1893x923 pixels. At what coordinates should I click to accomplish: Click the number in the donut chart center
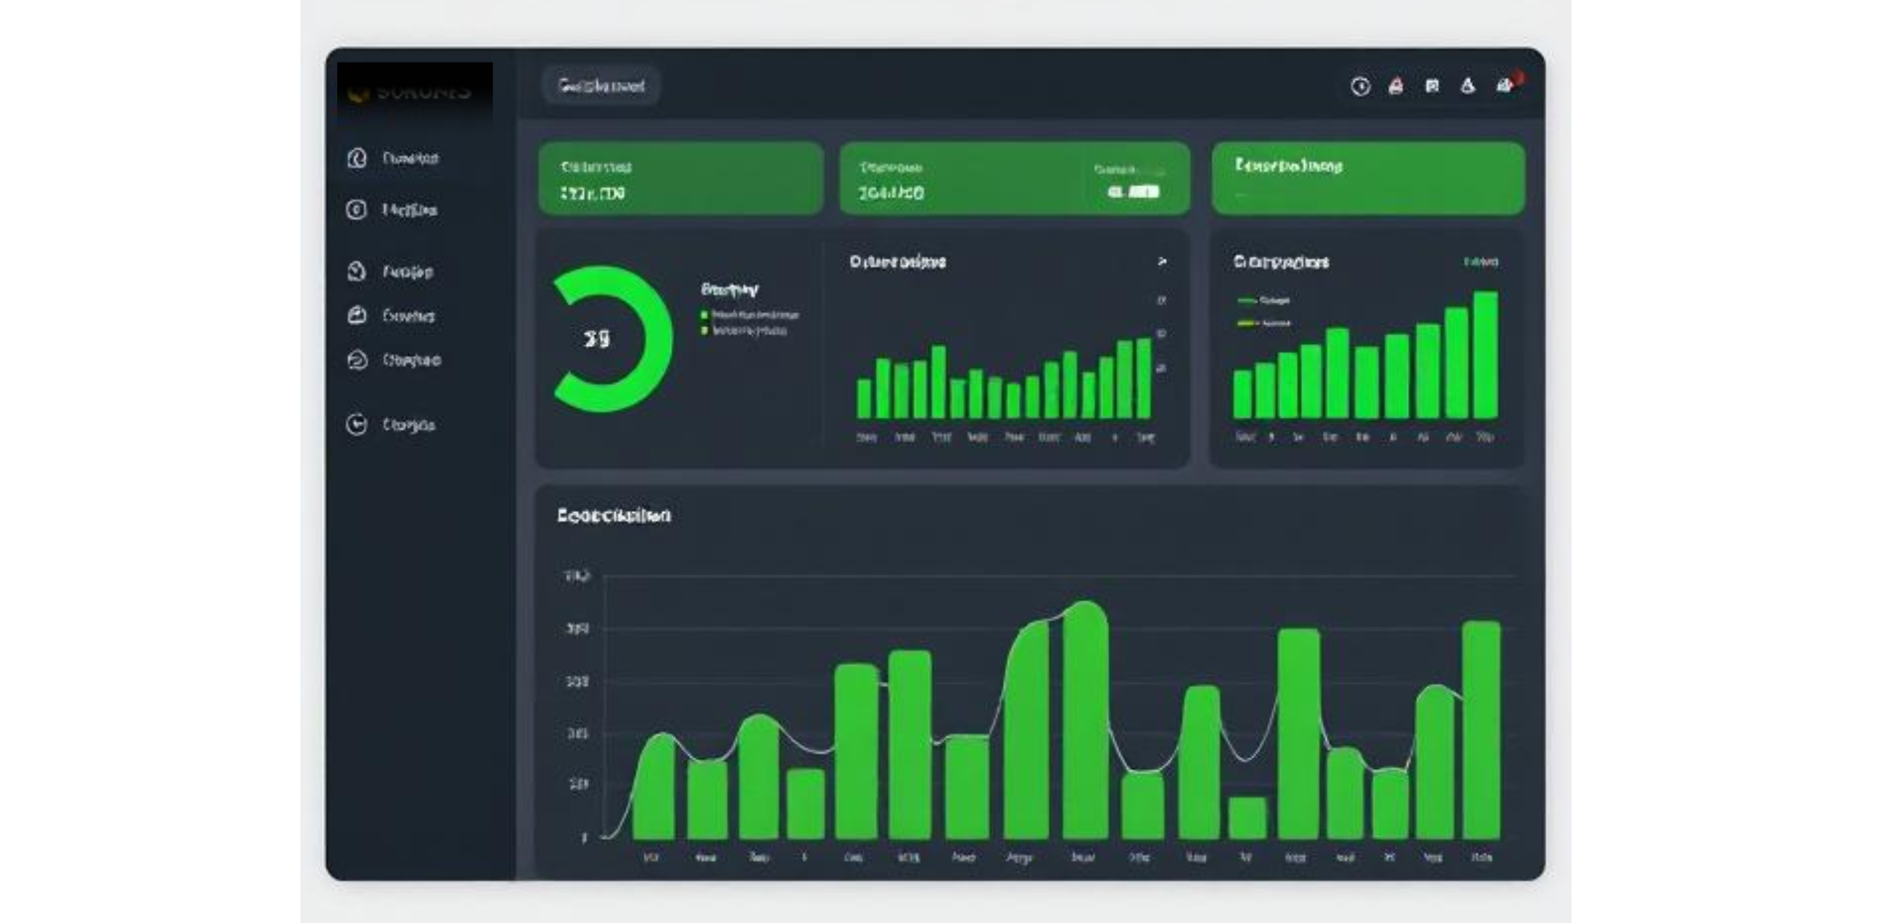pos(596,339)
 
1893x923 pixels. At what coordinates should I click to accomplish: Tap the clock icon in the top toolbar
pos(1359,87)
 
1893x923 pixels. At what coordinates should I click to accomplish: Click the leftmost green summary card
pos(680,179)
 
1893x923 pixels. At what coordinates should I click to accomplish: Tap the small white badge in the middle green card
pos(1134,192)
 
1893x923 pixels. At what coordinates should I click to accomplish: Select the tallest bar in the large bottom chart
pos(1085,720)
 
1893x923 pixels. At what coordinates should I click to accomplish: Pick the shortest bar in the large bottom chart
pos(1247,817)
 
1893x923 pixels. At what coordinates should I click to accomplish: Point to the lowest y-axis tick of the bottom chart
pos(584,837)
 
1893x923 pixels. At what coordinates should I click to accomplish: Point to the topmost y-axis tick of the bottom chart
pos(577,575)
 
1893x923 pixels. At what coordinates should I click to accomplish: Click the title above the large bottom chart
pos(614,516)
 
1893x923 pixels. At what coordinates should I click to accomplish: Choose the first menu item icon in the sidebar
pos(357,158)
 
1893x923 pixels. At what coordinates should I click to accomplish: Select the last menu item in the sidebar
pos(408,425)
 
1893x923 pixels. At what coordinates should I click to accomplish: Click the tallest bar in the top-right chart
pos(1485,355)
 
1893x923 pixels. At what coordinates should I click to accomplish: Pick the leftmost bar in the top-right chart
pos(1242,394)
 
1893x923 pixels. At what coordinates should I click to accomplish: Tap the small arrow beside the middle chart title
pos(1162,262)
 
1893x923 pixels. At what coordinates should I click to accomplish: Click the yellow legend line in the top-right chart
pos(1247,323)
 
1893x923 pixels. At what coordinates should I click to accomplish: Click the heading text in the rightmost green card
pos(1289,166)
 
